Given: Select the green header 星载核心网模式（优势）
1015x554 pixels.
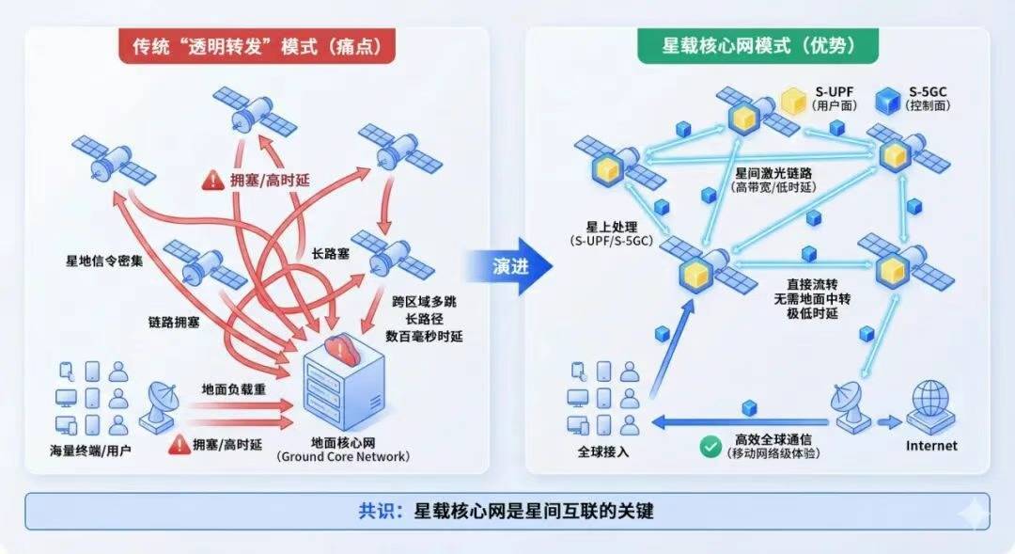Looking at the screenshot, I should point(757,47).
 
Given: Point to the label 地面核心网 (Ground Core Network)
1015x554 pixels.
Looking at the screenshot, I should point(342,449).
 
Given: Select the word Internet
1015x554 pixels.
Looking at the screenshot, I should point(930,445).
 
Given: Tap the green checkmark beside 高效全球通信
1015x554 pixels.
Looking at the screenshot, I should point(710,446).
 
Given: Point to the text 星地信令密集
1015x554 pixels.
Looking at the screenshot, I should point(99,261).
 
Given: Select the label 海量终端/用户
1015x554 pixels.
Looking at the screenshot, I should point(91,451).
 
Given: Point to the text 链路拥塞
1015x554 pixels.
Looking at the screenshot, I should point(174,322).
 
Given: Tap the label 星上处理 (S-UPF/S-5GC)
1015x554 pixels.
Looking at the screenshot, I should point(612,234).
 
